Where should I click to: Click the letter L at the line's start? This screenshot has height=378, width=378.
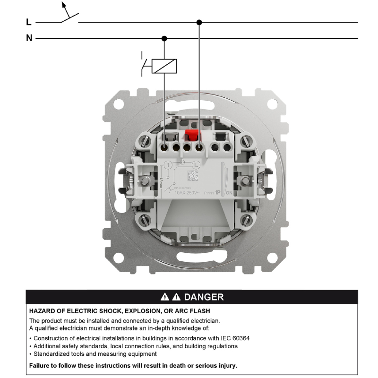29,22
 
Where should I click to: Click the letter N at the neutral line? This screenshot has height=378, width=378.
29,38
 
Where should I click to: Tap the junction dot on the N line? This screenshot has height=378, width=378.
164,38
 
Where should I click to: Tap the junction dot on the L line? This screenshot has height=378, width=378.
199,22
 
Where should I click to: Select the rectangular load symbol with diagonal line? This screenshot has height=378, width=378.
164,66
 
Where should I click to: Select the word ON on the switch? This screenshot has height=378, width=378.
229,193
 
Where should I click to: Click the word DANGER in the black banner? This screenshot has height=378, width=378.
204,297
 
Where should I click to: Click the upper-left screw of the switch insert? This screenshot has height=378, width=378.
145,141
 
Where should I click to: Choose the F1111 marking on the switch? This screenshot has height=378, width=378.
209,193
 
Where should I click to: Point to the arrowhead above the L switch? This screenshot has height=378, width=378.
64,6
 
